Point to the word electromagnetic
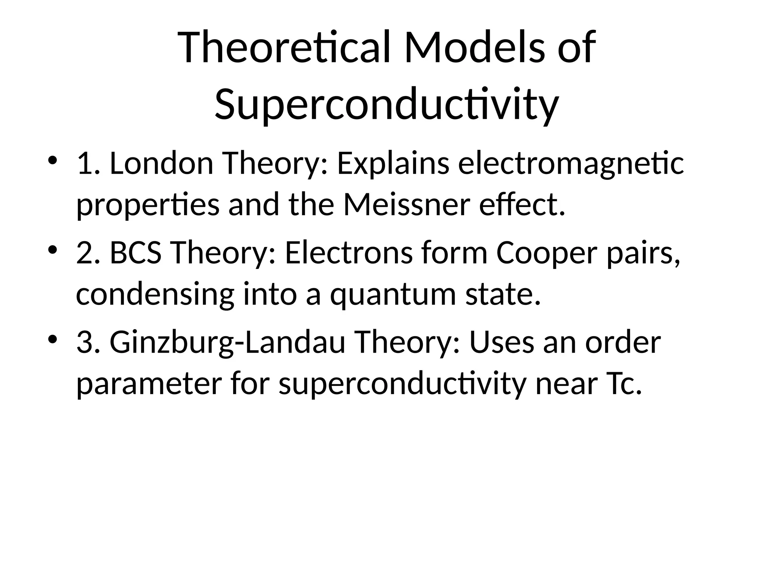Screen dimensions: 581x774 571,165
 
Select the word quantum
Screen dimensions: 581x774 393,295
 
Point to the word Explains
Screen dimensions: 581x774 393,165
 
